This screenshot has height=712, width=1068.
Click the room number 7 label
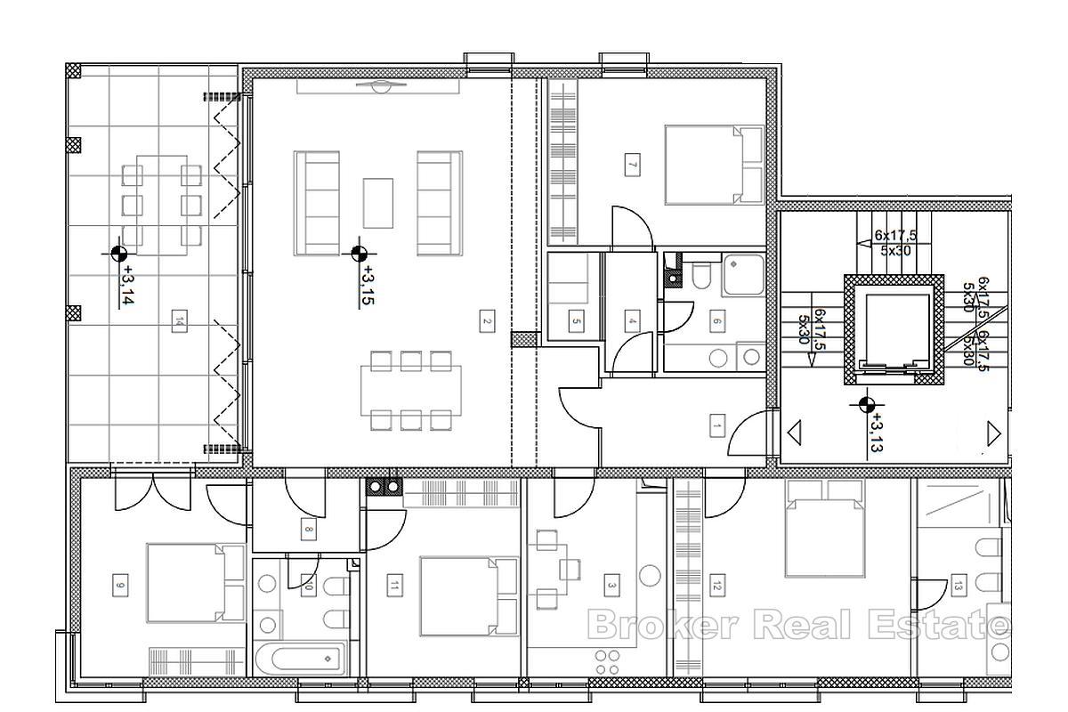(632, 165)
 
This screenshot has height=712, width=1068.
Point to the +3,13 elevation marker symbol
(862, 406)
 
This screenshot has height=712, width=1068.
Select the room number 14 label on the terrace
(180, 320)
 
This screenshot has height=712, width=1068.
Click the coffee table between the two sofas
(378, 203)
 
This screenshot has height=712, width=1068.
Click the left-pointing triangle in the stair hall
(794, 433)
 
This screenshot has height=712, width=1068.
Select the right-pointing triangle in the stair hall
(994, 433)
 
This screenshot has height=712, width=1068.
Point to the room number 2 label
(486, 322)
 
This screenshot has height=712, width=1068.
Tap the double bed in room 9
(196, 584)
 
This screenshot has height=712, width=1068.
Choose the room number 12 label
(716, 586)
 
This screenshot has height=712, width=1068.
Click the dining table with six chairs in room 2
(410, 390)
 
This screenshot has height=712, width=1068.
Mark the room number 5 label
(577, 322)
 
